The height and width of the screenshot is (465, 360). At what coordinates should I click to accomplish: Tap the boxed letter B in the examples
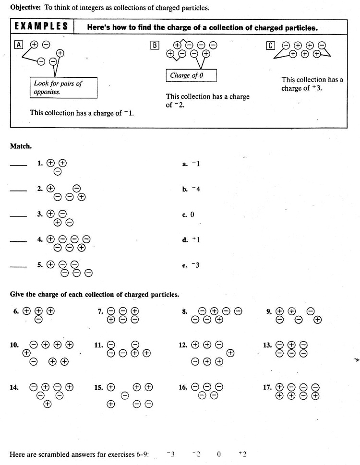[155, 46]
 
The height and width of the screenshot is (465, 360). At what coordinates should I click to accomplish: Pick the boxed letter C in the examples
[270, 46]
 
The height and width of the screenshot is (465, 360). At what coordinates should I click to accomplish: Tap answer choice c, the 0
[189, 215]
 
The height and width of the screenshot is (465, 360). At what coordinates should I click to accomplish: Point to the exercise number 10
[14, 345]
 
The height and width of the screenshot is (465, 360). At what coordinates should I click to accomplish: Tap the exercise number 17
[267, 387]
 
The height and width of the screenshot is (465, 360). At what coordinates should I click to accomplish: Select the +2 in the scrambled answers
[242, 453]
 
